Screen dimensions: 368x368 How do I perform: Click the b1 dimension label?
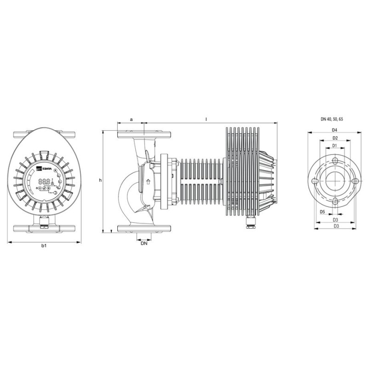[44, 246]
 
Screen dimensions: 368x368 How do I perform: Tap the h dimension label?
[100, 180]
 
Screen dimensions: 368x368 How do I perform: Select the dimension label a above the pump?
[132, 120]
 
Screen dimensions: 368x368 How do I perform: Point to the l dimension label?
[206, 119]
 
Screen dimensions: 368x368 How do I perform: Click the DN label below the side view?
[144, 243]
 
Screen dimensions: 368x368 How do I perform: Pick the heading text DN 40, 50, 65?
[332, 119]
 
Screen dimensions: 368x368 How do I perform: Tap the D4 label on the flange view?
[334, 130]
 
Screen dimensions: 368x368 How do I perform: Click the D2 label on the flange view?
[335, 138]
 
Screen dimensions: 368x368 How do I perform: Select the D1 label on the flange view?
[334, 145]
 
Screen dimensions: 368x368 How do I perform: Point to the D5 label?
[322, 212]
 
